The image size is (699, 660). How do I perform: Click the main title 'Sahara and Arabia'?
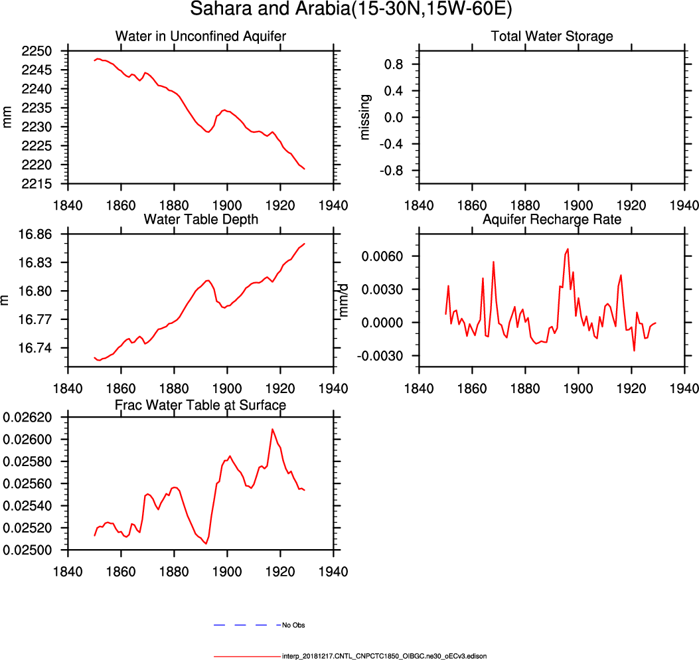tap(349, 10)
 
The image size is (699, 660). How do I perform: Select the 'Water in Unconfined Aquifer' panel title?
tap(200, 37)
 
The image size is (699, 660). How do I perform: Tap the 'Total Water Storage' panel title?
tap(552, 37)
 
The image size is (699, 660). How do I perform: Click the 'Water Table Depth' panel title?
tap(200, 219)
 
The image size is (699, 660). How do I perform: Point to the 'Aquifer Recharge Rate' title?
tap(552, 219)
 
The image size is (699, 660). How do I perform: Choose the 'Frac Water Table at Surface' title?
tap(200, 404)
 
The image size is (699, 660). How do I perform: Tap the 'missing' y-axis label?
tap(364, 117)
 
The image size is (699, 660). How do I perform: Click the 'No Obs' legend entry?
tap(293, 625)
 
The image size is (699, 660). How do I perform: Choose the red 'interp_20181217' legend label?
tap(384, 656)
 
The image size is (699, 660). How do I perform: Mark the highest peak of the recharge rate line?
tap(568, 249)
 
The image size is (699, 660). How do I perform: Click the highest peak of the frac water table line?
tap(272, 429)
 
